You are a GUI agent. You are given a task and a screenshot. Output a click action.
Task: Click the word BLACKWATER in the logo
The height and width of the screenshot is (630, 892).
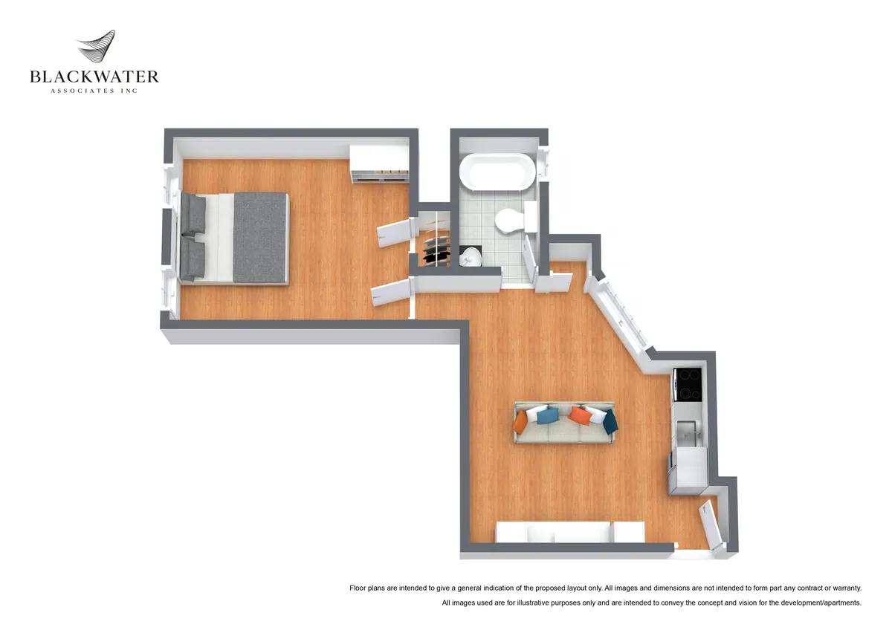[x=94, y=77]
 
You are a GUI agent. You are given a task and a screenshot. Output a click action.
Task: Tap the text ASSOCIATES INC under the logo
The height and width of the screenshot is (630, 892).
[x=94, y=91]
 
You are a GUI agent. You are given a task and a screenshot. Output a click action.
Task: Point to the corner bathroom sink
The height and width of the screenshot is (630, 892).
[x=471, y=257]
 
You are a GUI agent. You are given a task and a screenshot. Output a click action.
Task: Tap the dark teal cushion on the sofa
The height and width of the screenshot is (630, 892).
[x=610, y=421]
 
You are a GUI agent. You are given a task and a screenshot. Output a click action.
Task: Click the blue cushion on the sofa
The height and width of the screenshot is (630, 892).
[x=548, y=415]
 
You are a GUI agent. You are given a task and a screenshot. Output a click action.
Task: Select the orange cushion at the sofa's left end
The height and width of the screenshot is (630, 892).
[x=521, y=422]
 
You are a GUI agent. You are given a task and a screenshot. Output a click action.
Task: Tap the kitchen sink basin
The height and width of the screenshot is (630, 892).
[x=688, y=432]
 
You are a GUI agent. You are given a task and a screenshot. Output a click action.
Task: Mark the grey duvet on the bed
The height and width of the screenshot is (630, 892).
[x=260, y=237]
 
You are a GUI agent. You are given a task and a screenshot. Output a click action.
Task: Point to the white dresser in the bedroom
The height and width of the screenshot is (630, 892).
[x=378, y=163]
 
